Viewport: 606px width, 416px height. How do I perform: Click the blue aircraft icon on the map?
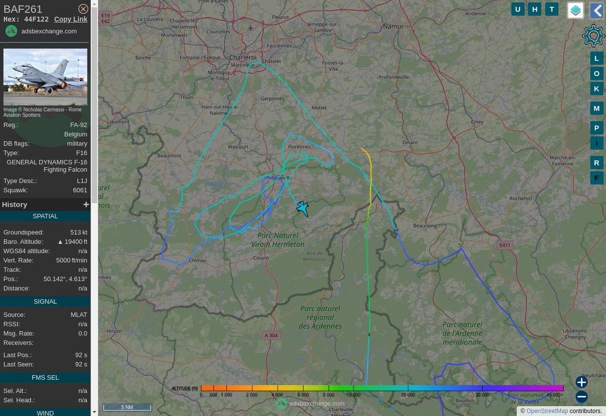[302, 208]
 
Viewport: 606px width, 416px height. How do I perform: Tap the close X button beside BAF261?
[83, 9]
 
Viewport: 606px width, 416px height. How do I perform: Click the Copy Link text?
[71, 19]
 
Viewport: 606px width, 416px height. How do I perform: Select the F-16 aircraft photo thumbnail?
[45, 77]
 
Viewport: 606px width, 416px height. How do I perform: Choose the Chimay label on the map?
[197, 260]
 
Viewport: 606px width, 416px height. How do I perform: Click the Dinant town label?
[410, 143]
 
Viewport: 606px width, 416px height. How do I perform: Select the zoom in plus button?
[581, 382]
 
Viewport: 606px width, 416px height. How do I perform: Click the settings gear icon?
[593, 36]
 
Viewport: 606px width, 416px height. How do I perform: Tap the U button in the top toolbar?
[518, 9]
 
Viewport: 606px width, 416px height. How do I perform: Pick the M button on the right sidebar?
[596, 108]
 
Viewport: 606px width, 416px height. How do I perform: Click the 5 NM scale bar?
[127, 407]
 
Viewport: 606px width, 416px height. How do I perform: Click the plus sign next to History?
[86, 205]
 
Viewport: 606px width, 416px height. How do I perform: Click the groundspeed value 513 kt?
[78, 233]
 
